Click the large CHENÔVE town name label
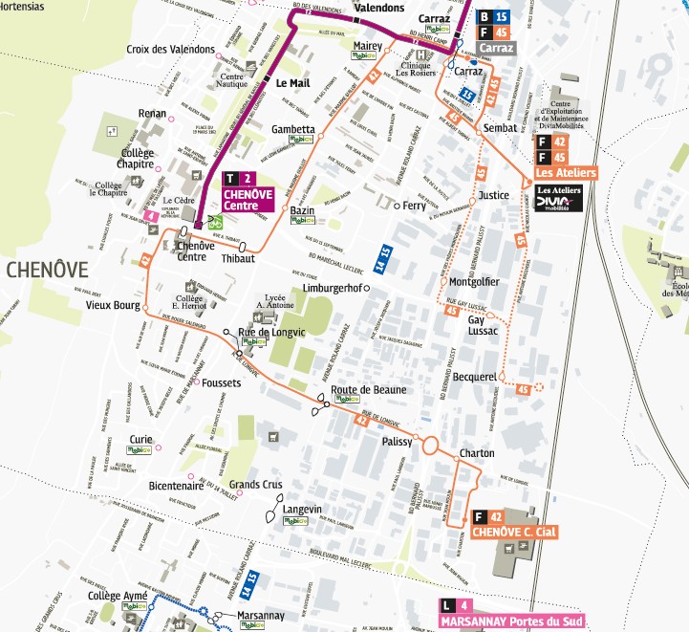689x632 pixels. (x=53, y=270)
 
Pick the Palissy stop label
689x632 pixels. (x=396, y=443)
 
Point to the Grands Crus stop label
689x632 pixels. (x=251, y=485)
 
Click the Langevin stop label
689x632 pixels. (x=302, y=510)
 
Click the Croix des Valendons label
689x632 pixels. (x=168, y=49)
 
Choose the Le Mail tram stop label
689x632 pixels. (x=293, y=84)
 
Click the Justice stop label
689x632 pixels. (x=493, y=195)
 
